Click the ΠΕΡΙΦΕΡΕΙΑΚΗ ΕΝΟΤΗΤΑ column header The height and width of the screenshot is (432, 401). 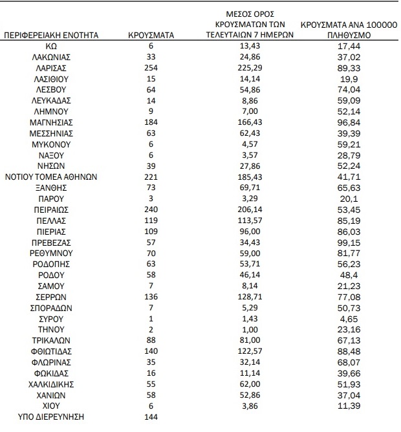tap(52, 35)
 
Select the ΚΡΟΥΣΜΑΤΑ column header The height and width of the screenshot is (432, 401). tap(151, 35)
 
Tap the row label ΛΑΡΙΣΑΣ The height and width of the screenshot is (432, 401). tap(51, 68)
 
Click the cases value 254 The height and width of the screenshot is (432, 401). tap(151, 68)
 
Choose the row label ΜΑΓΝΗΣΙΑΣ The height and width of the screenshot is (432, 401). tap(51, 122)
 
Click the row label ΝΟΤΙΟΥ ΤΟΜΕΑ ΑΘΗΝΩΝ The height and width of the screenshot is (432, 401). tap(51, 177)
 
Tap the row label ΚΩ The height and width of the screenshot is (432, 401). tap(51, 46)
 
